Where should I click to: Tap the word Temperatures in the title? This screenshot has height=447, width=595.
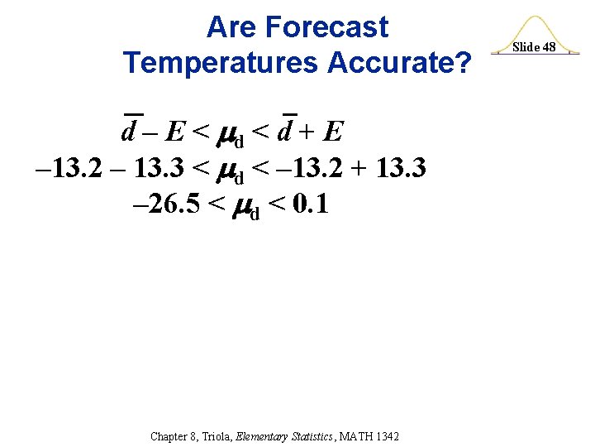point(220,62)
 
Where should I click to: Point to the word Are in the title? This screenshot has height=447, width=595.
point(231,27)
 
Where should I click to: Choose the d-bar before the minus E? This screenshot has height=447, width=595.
point(130,131)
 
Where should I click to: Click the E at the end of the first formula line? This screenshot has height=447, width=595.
point(333,131)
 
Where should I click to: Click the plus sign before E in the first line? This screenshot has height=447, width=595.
point(311,131)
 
